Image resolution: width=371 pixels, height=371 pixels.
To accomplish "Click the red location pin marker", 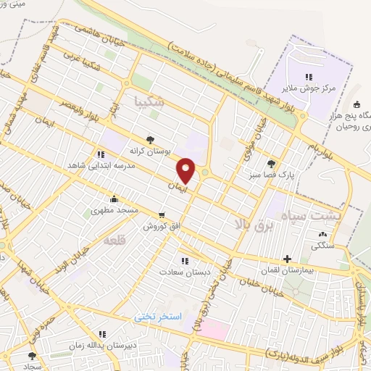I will pos(186,170).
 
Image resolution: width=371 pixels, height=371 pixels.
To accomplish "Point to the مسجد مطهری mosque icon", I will pos(114,199).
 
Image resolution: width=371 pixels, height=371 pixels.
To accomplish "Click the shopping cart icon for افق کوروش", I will pos(161,214).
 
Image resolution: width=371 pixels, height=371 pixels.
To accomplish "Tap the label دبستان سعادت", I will pos(185,272).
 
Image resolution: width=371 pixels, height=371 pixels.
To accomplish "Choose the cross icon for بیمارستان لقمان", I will pos(287,259).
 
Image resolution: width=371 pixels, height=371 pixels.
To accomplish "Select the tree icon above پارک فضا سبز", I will pos(272,164).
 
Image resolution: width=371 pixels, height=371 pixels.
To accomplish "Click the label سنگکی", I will pos(322,245).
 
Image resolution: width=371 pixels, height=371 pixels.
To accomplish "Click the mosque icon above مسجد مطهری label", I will pos(114,199).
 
